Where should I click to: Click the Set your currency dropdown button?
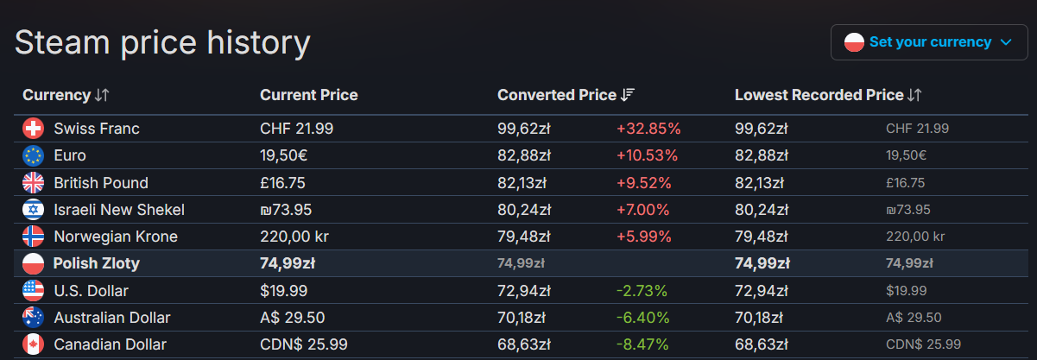(929, 41)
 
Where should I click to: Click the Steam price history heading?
(162, 42)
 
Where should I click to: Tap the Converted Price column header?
(557, 95)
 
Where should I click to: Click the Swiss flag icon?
(33, 129)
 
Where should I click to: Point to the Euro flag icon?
(33, 155)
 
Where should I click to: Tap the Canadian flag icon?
(33, 344)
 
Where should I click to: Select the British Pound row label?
(100, 183)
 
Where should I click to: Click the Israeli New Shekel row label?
(119, 210)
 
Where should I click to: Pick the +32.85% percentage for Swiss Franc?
(648, 129)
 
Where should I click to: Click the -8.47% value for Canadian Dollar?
(642, 344)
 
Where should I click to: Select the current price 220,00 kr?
(294, 237)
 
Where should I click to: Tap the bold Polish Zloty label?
(96, 263)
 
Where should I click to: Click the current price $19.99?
(283, 291)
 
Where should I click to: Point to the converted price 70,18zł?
(524, 318)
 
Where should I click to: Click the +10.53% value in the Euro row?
(647, 155)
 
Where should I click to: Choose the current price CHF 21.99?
(296, 129)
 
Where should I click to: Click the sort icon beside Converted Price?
(628, 95)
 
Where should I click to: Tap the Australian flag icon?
(33, 318)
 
